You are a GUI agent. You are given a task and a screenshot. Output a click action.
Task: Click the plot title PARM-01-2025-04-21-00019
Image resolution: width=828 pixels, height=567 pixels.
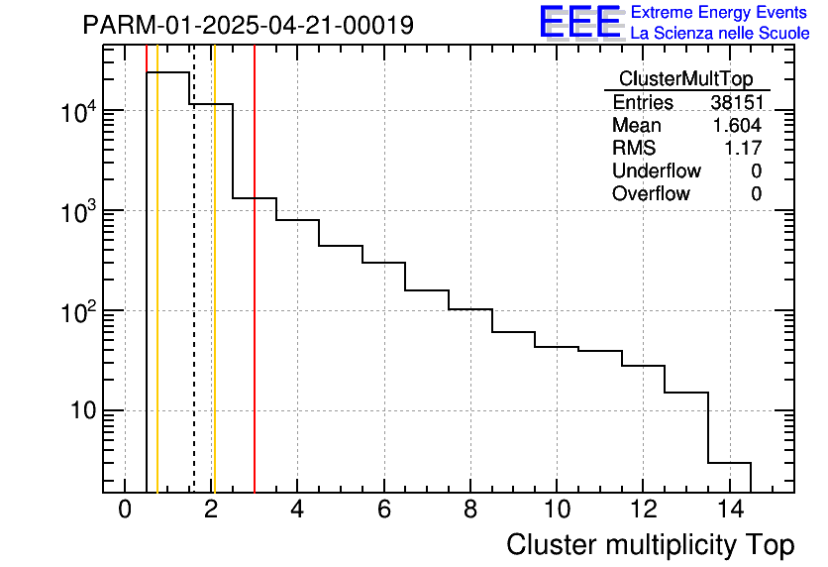[x=248, y=25]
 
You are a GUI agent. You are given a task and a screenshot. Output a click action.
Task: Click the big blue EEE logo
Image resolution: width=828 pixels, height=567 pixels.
[x=579, y=22]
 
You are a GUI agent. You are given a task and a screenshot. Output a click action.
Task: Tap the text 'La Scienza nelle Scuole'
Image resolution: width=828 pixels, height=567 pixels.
[x=720, y=33]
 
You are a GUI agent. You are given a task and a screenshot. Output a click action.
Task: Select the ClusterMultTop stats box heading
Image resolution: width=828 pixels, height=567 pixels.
[x=685, y=79]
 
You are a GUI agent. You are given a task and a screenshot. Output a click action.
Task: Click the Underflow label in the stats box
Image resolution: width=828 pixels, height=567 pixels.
[x=656, y=171]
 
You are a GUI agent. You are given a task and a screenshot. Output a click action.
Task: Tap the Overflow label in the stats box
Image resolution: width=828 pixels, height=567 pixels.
[x=651, y=194]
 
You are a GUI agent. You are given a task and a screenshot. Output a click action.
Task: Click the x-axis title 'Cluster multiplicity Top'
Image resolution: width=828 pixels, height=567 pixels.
[x=650, y=544]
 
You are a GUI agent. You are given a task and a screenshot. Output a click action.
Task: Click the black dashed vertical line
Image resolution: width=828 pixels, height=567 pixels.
[x=194, y=297]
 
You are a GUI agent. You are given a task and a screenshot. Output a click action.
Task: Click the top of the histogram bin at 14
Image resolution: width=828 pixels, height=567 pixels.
[x=730, y=463]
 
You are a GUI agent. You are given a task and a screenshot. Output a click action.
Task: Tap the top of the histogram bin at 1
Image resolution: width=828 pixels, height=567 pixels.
[x=168, y=72]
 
